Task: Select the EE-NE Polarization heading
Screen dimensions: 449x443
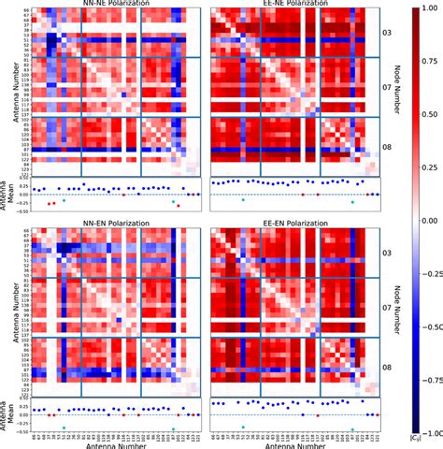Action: [284, 4]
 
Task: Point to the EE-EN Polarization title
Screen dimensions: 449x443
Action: [284, 225]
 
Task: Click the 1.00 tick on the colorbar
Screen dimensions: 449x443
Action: [426, 10]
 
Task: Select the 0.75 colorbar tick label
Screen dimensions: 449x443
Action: [426, 64]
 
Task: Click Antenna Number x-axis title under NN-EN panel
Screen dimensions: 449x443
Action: [107, 443]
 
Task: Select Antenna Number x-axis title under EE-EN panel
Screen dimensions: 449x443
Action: [284, 443]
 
